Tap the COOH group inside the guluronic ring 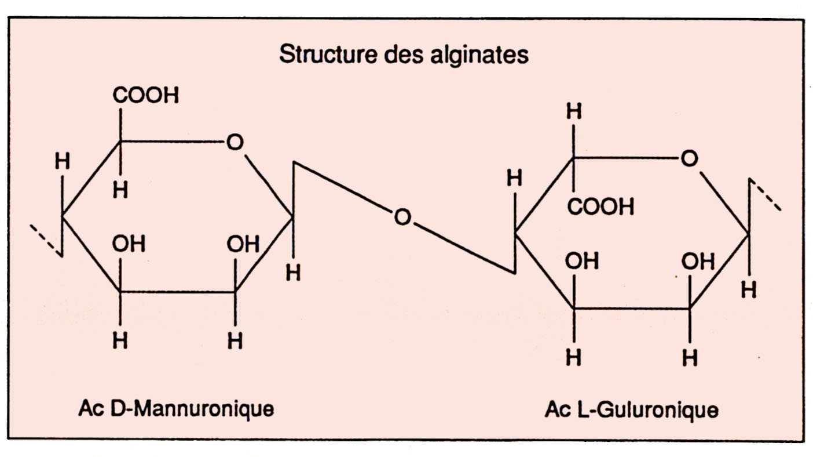[x=600, y=206]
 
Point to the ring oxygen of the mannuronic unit [x=235, y=143]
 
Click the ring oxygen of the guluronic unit [x=689, y=158]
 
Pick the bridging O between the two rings [x=402, y=217]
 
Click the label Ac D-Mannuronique [x=176, y=409]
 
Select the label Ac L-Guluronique [x=631, y=410]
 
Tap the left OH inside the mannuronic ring [x=129, y=245]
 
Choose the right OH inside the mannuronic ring [x=243, y=245]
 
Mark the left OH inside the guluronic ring [x=582, y=262]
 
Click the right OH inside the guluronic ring [x=698, y=262]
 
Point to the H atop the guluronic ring [x=573, y=113]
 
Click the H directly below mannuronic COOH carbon [x=120, y=190]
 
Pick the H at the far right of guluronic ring [x=749, y=289]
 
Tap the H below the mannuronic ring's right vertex [x=293, y=273]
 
